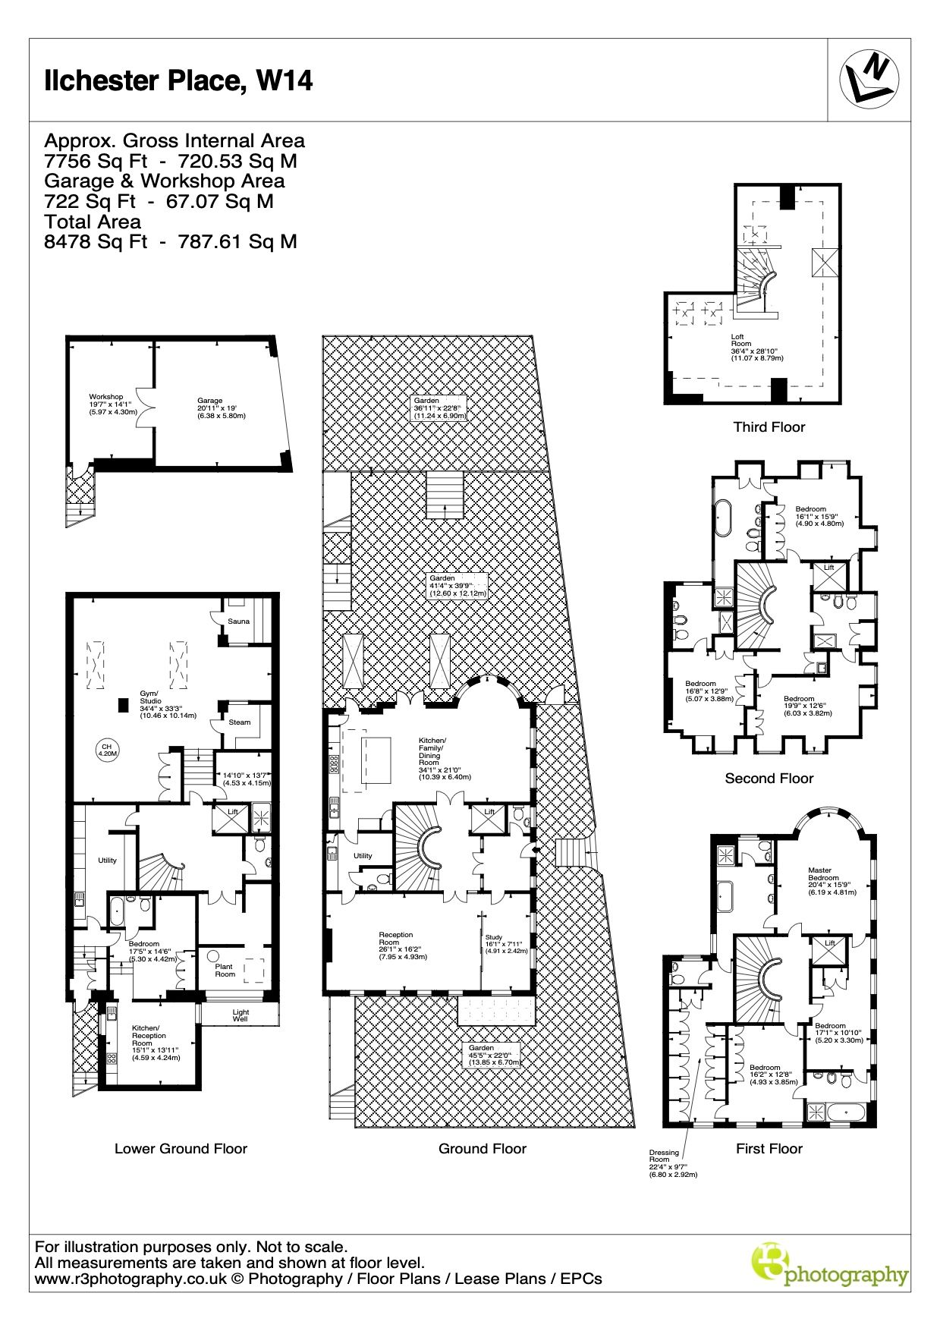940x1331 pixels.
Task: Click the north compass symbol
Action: [869, 78]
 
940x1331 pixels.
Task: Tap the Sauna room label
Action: [239, 621]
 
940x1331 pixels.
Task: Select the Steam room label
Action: [240, 722]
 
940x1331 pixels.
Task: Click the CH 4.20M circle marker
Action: [107, 750]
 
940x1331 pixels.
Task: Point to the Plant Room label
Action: [225, 971]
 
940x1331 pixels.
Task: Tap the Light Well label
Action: [241, 1015]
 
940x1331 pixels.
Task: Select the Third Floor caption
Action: [769, 426]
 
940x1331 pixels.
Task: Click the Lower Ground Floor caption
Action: [181, 1148]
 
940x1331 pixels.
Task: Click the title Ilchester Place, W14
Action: [178, 80]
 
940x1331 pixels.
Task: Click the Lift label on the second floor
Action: [829, 567]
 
